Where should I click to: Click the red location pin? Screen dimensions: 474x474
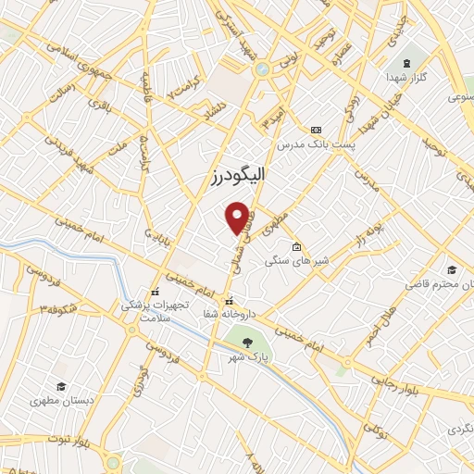[x=239, y=217]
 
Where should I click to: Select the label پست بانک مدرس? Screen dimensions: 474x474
[x=310, y=146]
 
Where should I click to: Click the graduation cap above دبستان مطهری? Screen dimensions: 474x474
[x=60, y=387]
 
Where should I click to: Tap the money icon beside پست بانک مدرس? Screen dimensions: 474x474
[x=317, y=130]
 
